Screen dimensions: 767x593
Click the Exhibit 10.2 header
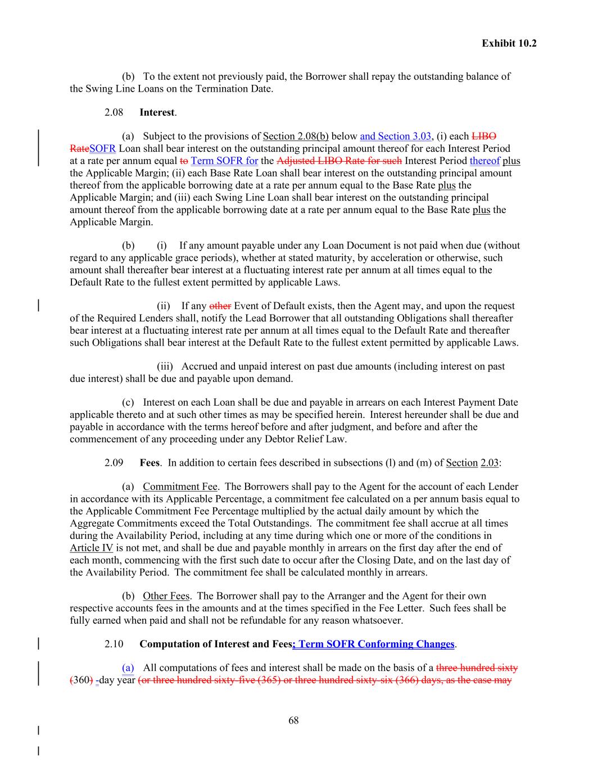pos(509,43)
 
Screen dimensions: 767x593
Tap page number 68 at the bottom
pos(293,720)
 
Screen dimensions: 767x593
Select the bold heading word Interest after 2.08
pos(157,112)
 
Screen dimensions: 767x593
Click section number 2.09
pos(114,462)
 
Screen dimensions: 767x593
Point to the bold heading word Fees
pos(150,462)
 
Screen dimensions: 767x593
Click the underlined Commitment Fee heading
pos(180,487)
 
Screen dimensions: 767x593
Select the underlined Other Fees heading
pos(166,596)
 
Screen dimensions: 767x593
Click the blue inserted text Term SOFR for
pos(224,161)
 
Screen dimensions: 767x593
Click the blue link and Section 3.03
pos(396,136)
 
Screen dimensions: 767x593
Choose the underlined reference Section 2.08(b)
pos(296,136)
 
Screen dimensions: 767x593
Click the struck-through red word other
pos(220,306)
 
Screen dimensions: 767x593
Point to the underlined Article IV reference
pos(91,548)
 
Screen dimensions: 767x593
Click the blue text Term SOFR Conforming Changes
pos(375,644)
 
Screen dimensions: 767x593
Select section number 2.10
pos(114,644)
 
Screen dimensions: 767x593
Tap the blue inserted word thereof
pos(485,161)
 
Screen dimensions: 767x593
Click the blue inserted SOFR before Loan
pos(102,148)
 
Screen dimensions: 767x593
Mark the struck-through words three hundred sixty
pos(477,668)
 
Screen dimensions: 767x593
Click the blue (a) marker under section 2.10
pos(128,668)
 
